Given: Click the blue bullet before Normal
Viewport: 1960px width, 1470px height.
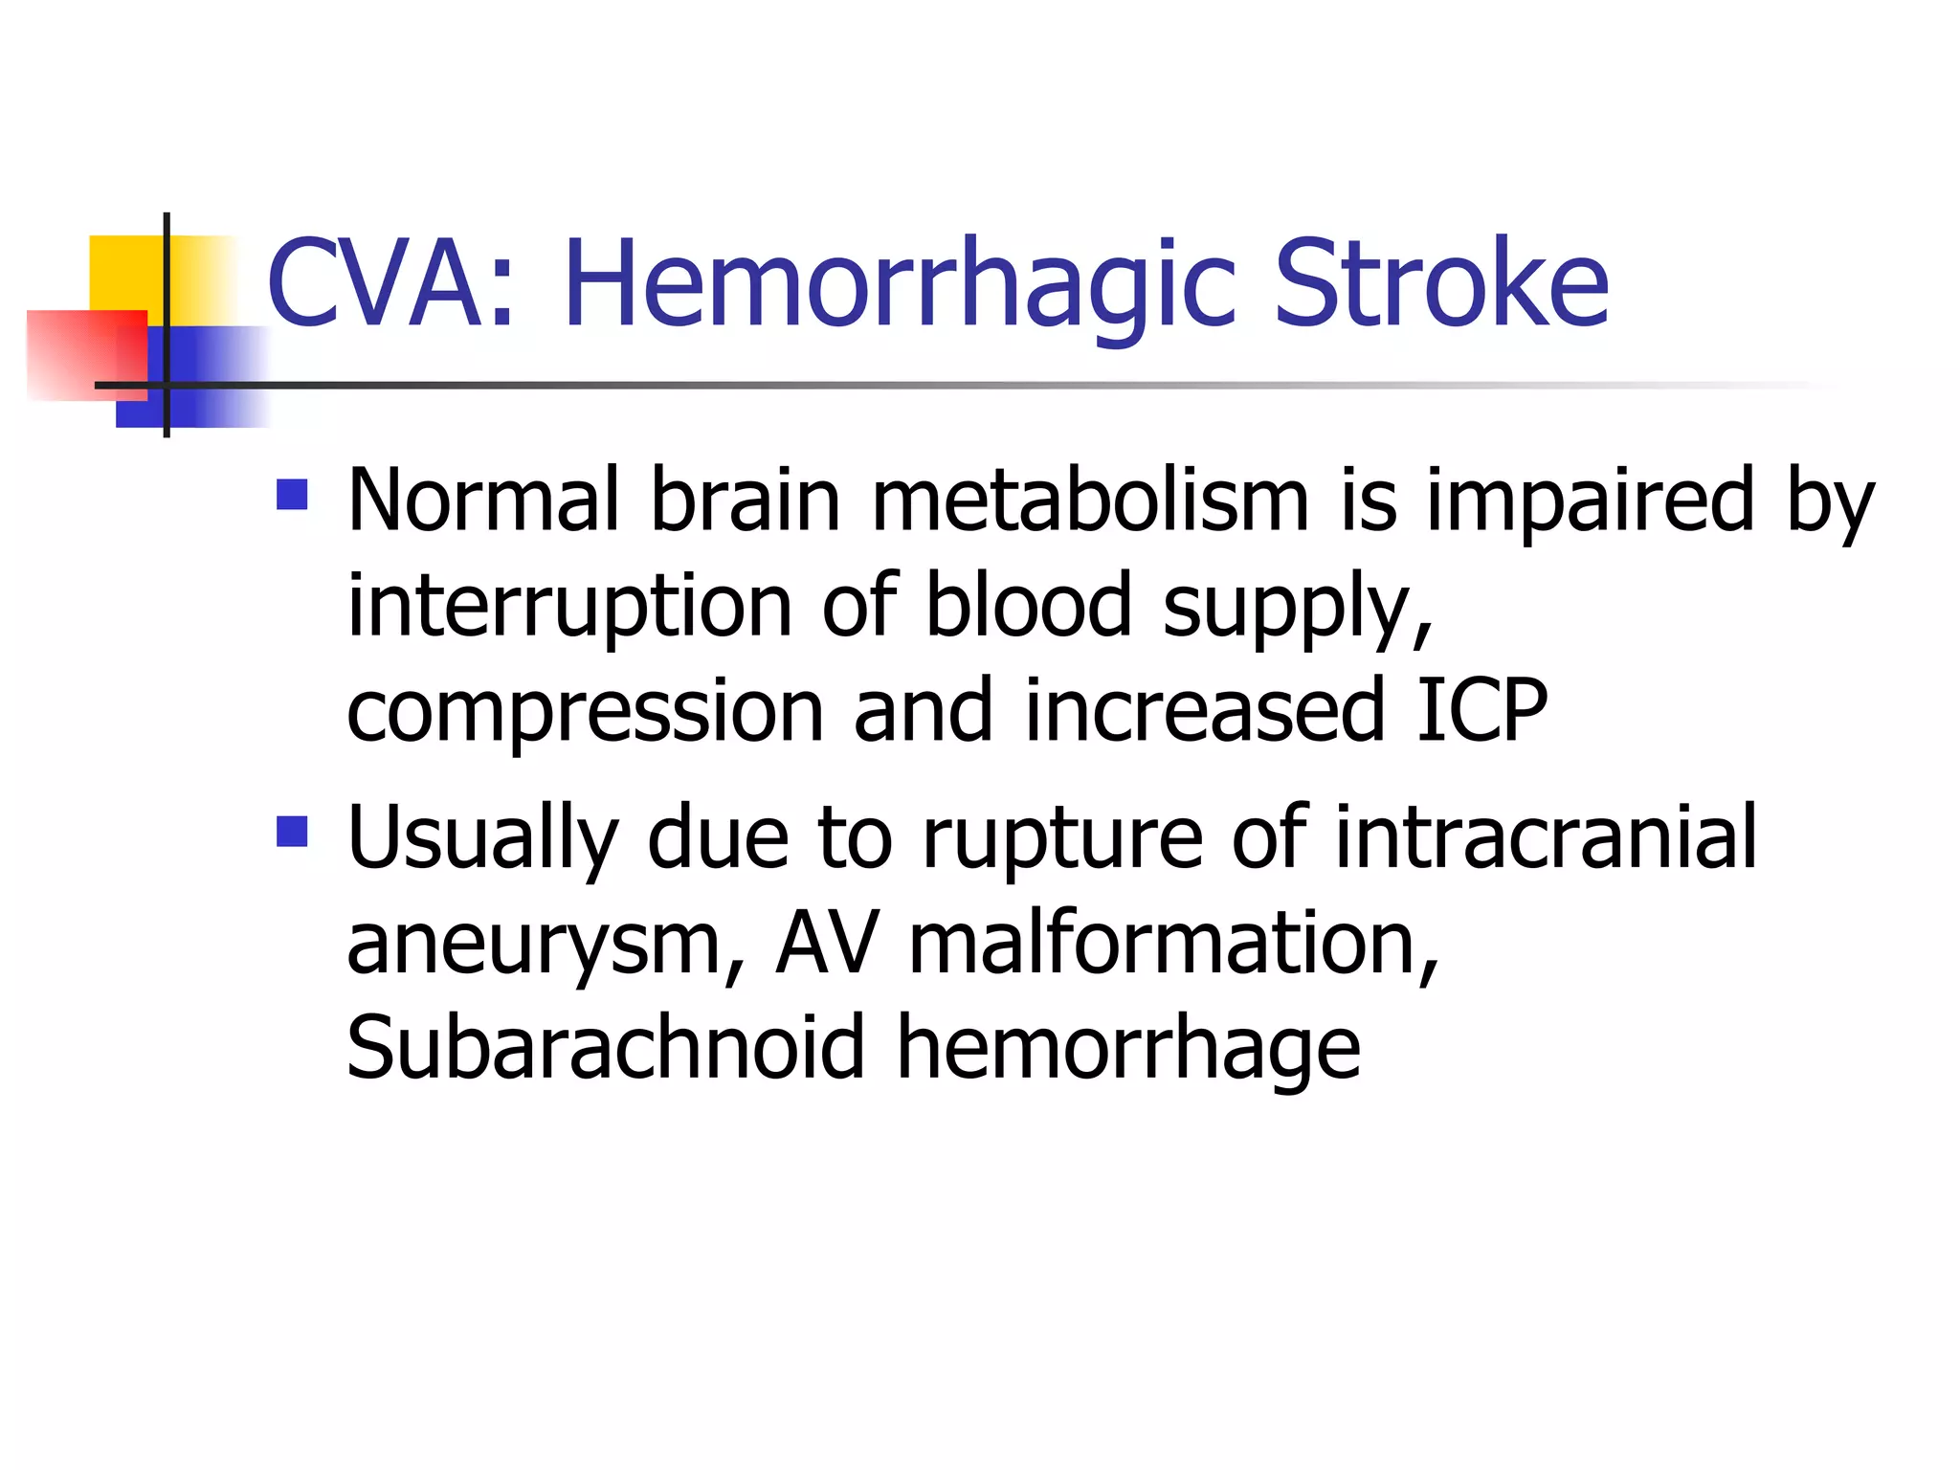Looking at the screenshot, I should (x=292, y=495).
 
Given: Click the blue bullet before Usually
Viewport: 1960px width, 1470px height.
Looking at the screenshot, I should (x=292, y=831).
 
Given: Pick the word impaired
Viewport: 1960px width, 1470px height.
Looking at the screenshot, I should (x=1590, y=501).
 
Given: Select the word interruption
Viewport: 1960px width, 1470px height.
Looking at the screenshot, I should (x=568, y=606).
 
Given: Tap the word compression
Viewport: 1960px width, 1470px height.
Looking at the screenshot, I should (x=585, y=712).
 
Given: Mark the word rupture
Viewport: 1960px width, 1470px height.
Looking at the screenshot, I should (x=1061, y=839).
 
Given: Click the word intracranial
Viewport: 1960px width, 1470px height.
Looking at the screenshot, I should (x=1545, y=837).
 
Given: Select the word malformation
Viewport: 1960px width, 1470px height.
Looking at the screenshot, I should (x=1171, y=943).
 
